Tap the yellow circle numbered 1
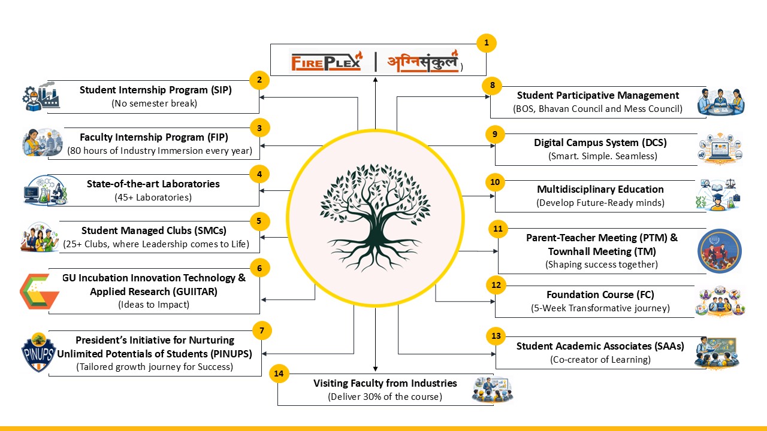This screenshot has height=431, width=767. [487, 43]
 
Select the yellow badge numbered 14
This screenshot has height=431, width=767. [278, 374]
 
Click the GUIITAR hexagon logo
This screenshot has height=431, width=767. [38, 292]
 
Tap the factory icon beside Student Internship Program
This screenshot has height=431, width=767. [41, 96]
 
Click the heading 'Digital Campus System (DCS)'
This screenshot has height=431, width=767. [600, 142]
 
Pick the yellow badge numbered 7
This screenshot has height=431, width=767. [262, 330]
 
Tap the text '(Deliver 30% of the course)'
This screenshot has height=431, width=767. [385, 396]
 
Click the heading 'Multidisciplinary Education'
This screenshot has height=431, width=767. [600, 189]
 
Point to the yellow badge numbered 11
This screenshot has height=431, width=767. [497, 229]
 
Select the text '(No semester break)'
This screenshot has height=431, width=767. [155, 103]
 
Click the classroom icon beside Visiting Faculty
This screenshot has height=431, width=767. [492, 388]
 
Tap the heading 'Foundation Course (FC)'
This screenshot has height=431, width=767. [600, 295]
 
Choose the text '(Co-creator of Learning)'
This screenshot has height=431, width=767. [600, 359]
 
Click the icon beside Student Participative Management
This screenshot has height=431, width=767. [721, 101]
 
